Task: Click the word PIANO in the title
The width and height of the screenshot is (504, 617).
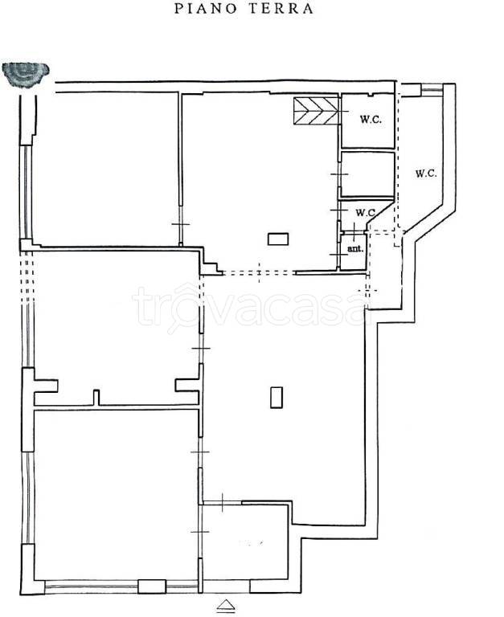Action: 205,9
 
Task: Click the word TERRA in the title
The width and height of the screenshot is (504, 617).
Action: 281,9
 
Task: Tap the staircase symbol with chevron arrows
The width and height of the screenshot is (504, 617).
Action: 316,111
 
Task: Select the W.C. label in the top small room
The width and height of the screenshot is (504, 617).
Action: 371,120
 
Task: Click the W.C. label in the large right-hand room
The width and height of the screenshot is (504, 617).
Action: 426,174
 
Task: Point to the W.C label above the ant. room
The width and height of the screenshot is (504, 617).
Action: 365,213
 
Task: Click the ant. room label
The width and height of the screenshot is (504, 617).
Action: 355,249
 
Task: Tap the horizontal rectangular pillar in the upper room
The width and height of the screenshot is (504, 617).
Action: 278,239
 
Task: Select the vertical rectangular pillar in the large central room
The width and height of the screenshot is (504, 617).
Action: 277,397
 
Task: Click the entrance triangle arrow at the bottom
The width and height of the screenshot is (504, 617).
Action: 227,604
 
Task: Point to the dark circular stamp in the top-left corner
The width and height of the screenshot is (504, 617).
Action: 25,75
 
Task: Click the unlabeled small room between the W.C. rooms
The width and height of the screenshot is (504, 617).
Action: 368,174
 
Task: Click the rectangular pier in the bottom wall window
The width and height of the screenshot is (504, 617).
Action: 152,586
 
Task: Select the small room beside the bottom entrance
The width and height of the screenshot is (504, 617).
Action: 245,542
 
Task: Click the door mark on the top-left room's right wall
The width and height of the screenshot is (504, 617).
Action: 181,224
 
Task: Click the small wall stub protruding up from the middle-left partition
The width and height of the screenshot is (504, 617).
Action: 96,398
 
